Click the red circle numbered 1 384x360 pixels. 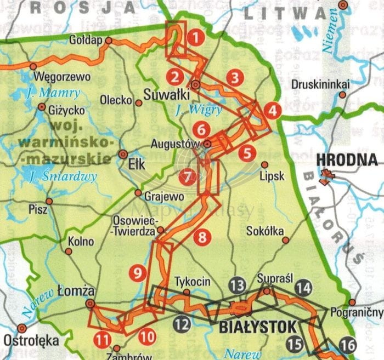click(x=195, y=38)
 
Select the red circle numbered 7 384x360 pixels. click(x=188, y=177)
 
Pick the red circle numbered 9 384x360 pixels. click(x=137, y=272)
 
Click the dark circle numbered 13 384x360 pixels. click(x=237, y=285)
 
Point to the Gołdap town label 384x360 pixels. click(x=87, y=40)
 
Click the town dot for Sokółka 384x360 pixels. click(x=285, y=239)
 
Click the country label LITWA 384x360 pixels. click(x=273, y=12)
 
